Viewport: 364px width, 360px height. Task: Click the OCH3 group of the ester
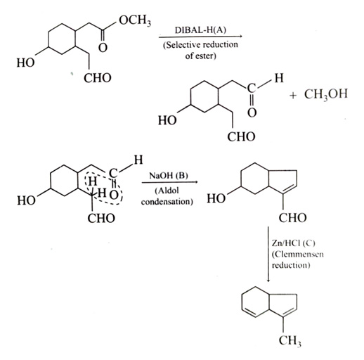pyautogui.click(x=135, y=21)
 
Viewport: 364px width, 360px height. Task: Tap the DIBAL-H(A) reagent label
pyautogui.click(x=200, y=30)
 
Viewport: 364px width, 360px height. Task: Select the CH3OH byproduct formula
pyautogui.click(x=326, y=94)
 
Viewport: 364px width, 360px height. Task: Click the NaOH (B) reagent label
pyautogui.click(x=169, y=175)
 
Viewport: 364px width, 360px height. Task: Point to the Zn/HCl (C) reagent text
pyautogui.click(x=294, y=243)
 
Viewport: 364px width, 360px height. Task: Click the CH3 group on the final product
pyautogui.click(x=290, y=341)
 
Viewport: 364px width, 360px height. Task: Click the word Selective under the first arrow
pyautogui.click(x=183, y=45)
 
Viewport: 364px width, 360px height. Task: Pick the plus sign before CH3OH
pyautogui.click(x=293, y=96)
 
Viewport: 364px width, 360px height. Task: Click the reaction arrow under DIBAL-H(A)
pyautogui.click(x=200, y=37)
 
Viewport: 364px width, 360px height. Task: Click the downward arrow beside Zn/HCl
pyautogui.click(x=268, y=255)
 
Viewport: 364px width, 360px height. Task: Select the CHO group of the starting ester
pyautogui.click(x=98, y=78)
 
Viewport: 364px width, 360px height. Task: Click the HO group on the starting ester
pyautogui.click(x=25, y=63)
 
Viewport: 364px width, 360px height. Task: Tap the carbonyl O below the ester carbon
pyautogui.click(x=103, y=48)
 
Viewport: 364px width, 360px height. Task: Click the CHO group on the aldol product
pyautogui.click(x=292, y=218)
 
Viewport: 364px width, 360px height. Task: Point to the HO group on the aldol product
pyautogui.click(x=216, y=199)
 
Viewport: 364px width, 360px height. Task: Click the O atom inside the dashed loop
pyautogui.click(x=114, y=195)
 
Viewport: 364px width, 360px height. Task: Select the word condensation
pyautogui.click(x=167, y=202)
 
